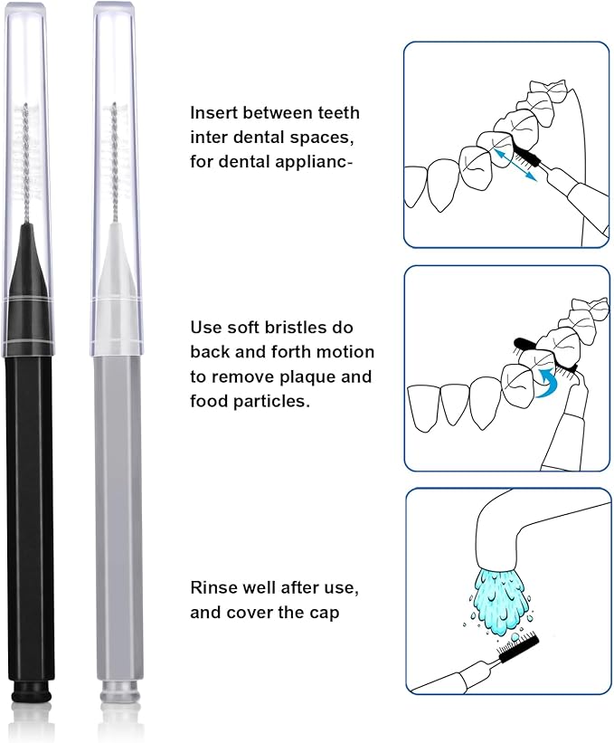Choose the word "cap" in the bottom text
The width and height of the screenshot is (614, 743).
tap(323, 613)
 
